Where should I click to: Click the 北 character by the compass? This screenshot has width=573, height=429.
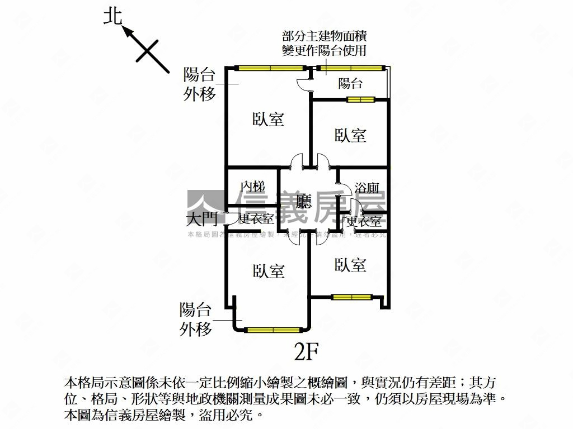coord(113,17)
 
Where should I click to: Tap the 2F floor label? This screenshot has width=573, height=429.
coord(306,351)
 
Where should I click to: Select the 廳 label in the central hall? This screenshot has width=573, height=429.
coord(304,202)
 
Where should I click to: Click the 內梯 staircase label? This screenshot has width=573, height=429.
coord(252,187)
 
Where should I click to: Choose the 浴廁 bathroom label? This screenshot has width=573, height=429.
coord(367,188)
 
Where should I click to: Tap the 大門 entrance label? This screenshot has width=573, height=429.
coord(202,218)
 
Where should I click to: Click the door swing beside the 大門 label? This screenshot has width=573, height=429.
coord(230,220)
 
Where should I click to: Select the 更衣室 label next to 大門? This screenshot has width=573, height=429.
coord(256,220)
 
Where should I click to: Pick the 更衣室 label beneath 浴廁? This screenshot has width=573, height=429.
coord(364,221)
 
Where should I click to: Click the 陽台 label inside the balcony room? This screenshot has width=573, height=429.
coord(351,84)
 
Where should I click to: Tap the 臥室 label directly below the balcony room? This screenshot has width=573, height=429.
coord(350,135)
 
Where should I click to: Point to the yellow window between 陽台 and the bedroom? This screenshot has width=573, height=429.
coord(360,100)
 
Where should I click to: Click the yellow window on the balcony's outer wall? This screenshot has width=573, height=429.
coord(350,68)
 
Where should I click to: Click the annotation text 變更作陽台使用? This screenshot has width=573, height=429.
coord(325,51)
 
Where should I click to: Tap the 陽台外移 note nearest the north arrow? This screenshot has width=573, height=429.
coord(200,84)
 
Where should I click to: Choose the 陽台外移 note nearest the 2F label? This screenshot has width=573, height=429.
coord(196,319)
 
